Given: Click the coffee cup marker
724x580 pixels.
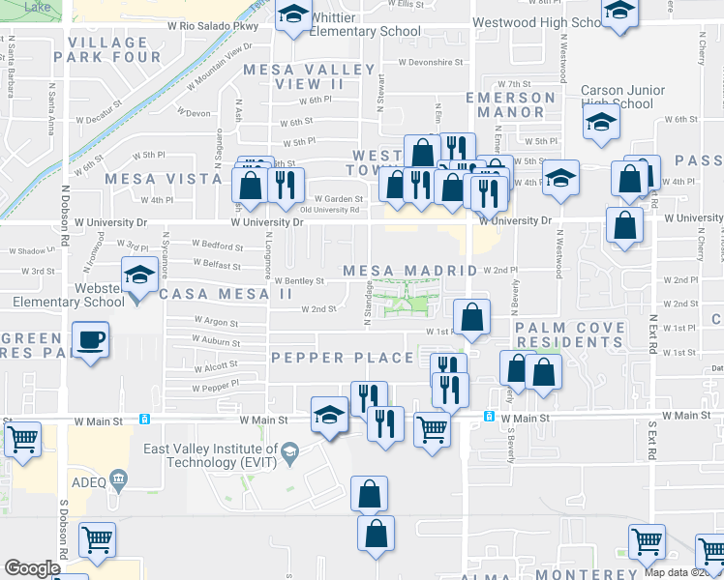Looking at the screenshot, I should (x=91, y=341).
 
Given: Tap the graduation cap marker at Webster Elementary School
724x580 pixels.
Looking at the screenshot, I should (x=139, y=277).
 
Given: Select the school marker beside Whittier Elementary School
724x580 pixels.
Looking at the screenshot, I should (x=291, y=15).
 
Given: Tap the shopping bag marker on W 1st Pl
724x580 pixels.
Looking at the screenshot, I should (x=471, y=317).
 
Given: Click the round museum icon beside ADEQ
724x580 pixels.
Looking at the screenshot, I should (x=119, y=478).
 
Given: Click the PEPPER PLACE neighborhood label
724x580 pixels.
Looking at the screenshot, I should (x=343, y=358).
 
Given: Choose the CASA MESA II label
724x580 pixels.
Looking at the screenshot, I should (x=226, y=294).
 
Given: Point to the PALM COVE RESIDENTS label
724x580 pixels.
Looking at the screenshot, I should (x=570, y=335).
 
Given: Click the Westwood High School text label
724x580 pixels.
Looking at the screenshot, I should (x=535, y=22).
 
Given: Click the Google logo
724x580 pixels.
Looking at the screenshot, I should (x=32, y=568).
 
